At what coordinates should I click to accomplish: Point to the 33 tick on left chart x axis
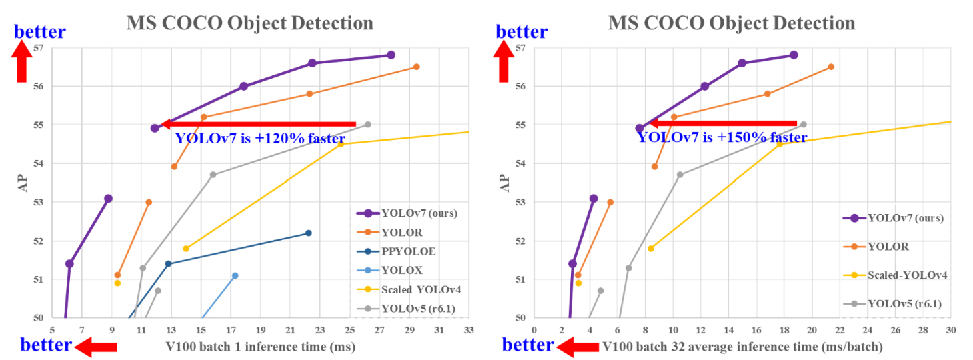pos(469,330)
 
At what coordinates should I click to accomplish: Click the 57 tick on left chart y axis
pos(38,48)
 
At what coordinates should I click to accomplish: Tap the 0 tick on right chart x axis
pos(534,330)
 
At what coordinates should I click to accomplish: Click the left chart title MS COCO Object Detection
pos(250,23)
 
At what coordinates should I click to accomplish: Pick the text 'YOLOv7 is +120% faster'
pos(259,139)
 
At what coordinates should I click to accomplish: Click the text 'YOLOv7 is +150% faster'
pos(722,138)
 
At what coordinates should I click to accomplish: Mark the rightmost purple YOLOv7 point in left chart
pos(391,55)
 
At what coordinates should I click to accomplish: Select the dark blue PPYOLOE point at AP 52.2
pos(308,233)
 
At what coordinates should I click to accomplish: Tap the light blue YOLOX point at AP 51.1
pos(235,275)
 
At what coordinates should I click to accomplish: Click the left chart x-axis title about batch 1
pos(260,347)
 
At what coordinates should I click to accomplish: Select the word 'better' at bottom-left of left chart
pos(45,345)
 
